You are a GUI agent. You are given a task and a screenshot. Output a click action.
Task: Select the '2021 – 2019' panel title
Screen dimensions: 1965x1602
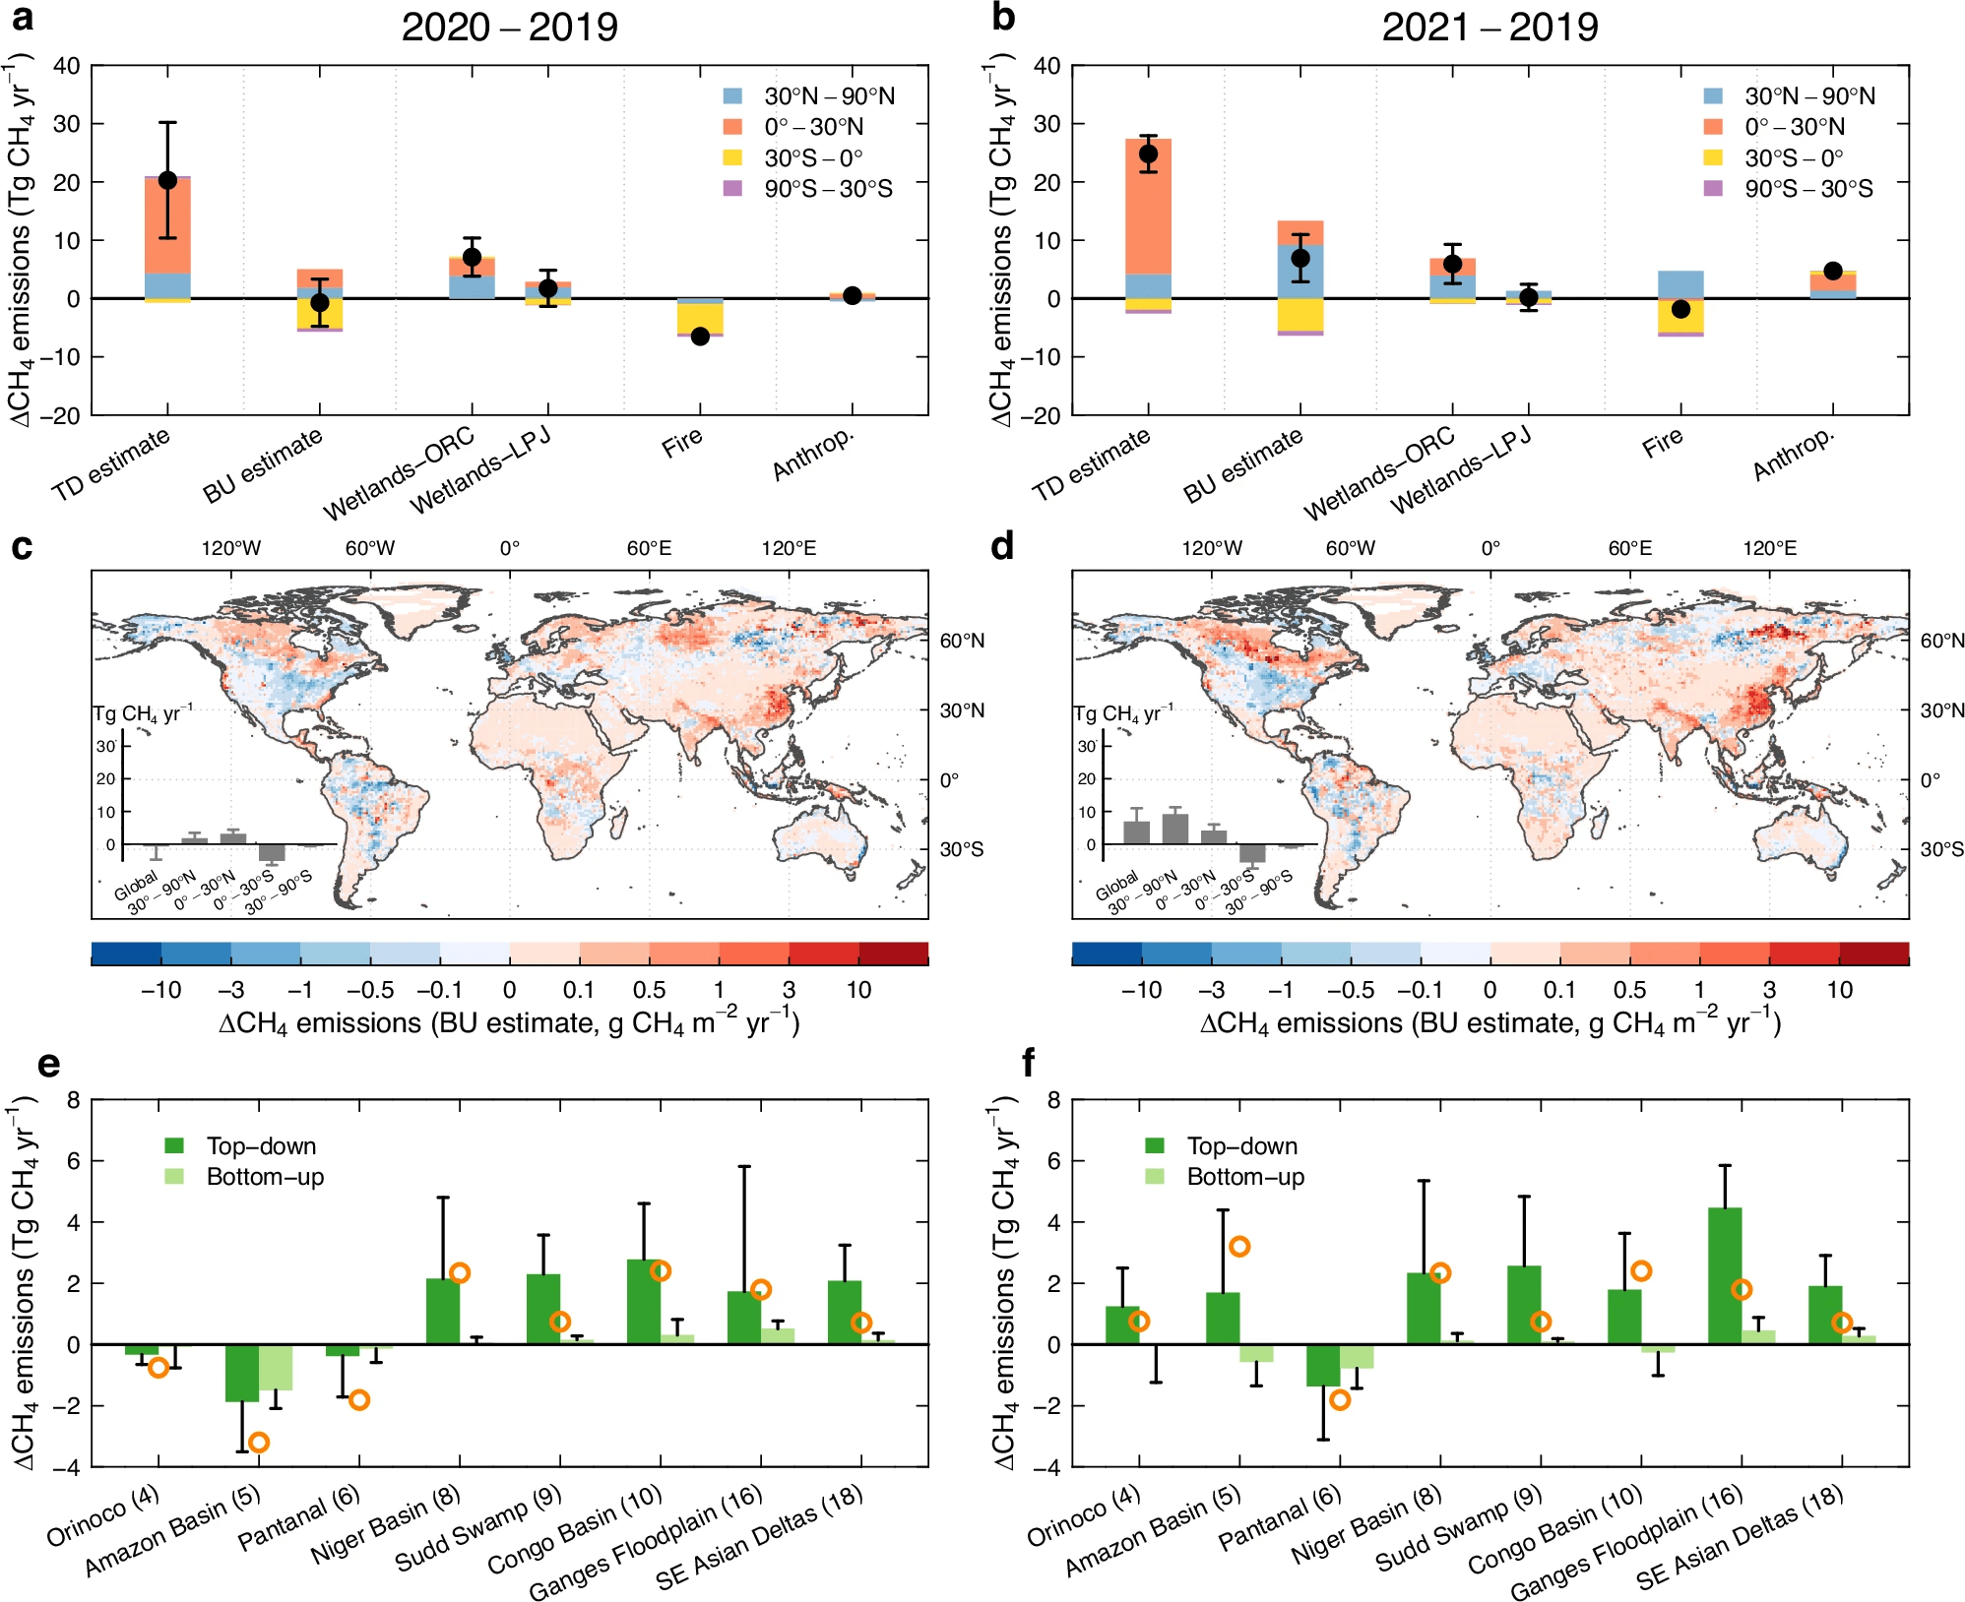coord(1490,27)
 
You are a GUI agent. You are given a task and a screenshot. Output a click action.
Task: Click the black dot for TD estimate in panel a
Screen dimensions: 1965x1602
coord(167,180)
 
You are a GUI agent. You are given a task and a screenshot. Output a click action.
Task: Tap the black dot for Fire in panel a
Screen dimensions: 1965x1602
coord(700,337)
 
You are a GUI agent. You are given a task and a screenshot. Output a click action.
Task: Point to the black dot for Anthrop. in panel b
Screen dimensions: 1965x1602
coord(1832,271)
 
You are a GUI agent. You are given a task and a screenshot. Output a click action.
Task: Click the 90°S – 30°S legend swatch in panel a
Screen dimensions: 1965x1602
coord(732,188)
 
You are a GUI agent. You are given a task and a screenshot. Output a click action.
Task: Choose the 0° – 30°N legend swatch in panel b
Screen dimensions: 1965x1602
coord(1713,127)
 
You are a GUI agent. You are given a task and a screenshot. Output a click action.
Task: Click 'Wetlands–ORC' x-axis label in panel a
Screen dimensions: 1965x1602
coord(399,473)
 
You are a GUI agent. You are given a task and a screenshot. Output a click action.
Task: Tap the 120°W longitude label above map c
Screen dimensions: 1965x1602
coord(231,548)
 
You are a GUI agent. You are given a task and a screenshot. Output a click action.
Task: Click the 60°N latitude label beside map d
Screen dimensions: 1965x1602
coord(1942,641)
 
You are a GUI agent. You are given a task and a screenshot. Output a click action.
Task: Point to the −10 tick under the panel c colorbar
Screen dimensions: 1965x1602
coord(160,990)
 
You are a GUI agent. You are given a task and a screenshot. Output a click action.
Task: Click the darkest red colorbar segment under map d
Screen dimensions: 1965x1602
coord(1874,954)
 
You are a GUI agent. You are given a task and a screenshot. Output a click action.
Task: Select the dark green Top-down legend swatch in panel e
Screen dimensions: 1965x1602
coord(174,1145)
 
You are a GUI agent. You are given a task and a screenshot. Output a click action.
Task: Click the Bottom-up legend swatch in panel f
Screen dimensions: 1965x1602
coord(1155,1176)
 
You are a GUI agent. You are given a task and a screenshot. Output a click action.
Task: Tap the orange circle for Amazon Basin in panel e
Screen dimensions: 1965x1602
coord(259,1443)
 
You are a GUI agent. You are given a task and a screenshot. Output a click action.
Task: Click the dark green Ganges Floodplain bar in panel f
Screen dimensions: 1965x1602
coord(1724,1275)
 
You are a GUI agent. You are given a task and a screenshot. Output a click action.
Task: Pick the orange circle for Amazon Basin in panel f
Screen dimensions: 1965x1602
coord(1239,1247)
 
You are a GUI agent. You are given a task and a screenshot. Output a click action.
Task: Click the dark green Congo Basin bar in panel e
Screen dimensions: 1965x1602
coord(644,1302)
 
